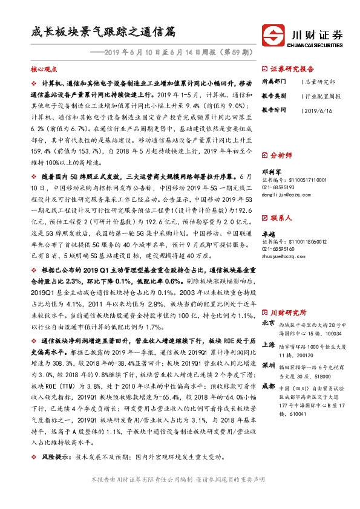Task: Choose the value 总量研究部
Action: point(318,82)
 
